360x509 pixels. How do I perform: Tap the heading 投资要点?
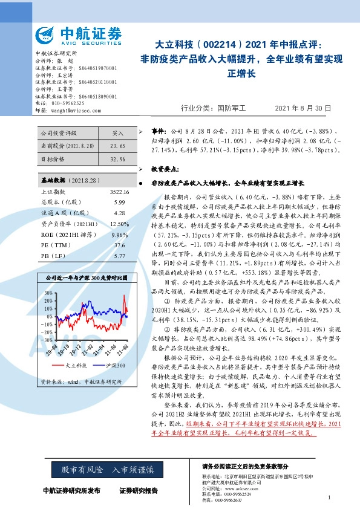pos(165,169)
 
